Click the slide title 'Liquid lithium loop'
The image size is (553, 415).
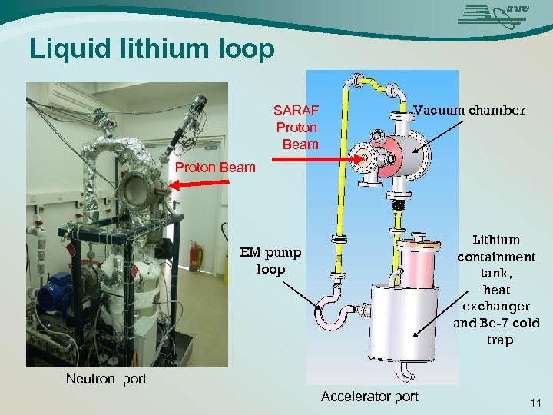[x=151, y=49]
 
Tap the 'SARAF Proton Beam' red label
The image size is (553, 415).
[x=297, y=126]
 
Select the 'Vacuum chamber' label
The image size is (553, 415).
[x=469, y=110]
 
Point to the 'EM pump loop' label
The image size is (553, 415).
[x=270, y=261]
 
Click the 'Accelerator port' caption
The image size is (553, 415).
[x=369, y=397]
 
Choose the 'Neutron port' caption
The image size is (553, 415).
[x=106, y=378]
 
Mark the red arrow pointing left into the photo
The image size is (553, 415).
[x=199, y=182]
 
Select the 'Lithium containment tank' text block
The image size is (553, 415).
[x=496, y=290]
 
